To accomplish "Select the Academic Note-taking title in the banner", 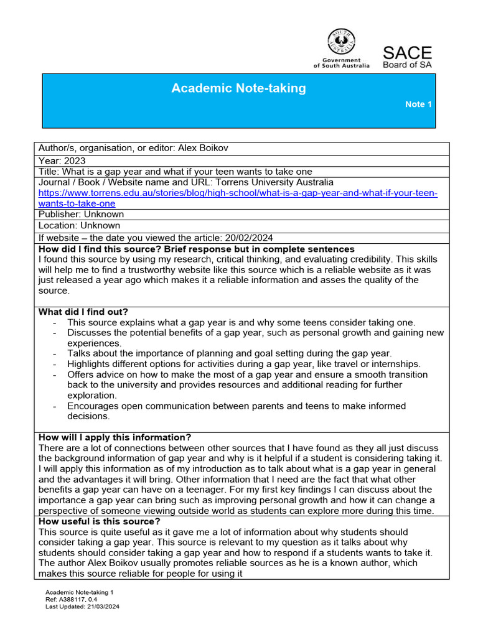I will (x=238, y=88).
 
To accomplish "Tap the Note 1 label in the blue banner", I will (x=418, y=105).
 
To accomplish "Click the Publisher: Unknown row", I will (x=81, y=215).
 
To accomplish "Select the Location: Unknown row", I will (x=79, y=226).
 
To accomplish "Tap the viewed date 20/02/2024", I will (x=249, y=238).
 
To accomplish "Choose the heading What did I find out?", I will (x=83, y=312).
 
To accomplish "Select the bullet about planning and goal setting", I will (x=229, y=353).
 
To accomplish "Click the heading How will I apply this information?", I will (x=115, y=437).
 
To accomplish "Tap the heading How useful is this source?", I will (x=100, y=521).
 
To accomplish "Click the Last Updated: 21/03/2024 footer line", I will (x=82, y=607).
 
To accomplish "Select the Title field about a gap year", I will (x=175, y=172).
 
